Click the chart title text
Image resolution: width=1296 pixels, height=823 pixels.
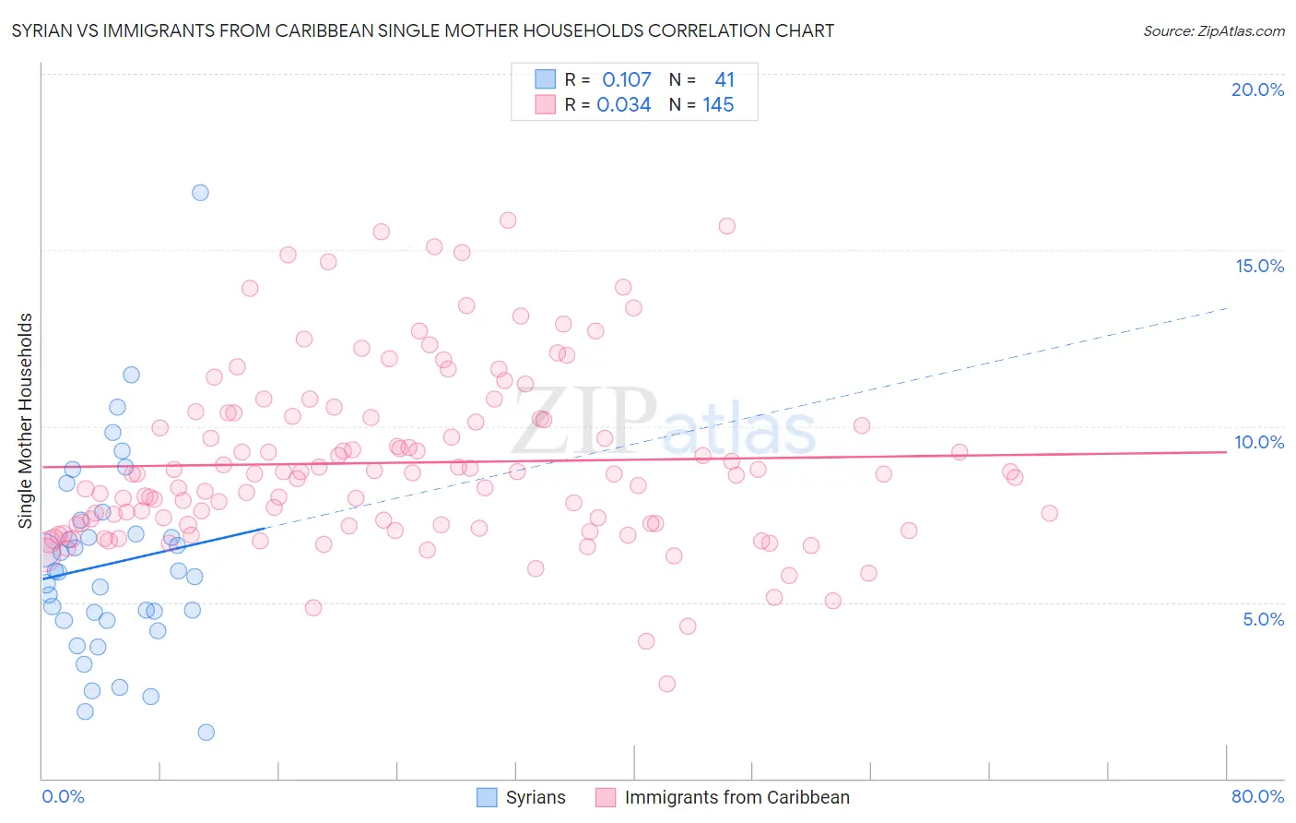point(423,31)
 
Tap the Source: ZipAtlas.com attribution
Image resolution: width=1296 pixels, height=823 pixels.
point(1213,31)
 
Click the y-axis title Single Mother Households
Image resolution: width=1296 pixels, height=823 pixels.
point(26,421)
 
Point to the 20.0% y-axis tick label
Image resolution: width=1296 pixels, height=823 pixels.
point(1257,89)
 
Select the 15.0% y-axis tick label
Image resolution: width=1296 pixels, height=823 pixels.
point(1259,266)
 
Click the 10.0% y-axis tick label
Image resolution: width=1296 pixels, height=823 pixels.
point(1259,442)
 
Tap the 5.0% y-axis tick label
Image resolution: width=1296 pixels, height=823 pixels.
point(1263,619)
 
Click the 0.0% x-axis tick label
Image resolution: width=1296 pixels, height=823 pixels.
point(63,796)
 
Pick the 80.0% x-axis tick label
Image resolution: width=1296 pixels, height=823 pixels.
point(1257,796)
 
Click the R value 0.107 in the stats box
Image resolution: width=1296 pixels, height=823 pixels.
point(626,80)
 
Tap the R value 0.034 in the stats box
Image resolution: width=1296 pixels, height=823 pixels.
point(623,105)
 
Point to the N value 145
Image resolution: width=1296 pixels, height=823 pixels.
point(718,105)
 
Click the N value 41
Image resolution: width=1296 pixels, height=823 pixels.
point(725,80)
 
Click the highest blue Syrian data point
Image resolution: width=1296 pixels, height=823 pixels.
point(200,193)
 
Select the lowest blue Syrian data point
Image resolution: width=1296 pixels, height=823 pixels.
point(206,733)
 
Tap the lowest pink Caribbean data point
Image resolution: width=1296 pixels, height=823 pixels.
point(667,684)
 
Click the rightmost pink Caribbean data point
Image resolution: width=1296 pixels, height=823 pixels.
point(1049,513)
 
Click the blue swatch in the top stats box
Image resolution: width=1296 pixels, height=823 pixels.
point(546,79)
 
